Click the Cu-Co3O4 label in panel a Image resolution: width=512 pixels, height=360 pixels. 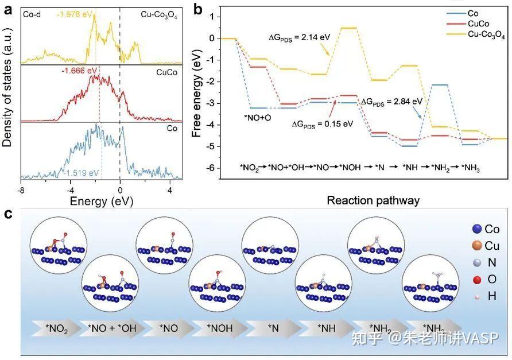[x=158, y=16]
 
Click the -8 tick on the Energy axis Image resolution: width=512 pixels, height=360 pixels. [x=21, y=189]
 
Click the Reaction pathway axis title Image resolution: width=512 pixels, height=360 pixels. [x=373, y=200]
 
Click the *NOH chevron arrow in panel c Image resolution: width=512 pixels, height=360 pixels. [x=219, y=330]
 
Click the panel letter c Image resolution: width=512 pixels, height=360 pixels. [x=8, y=214]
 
